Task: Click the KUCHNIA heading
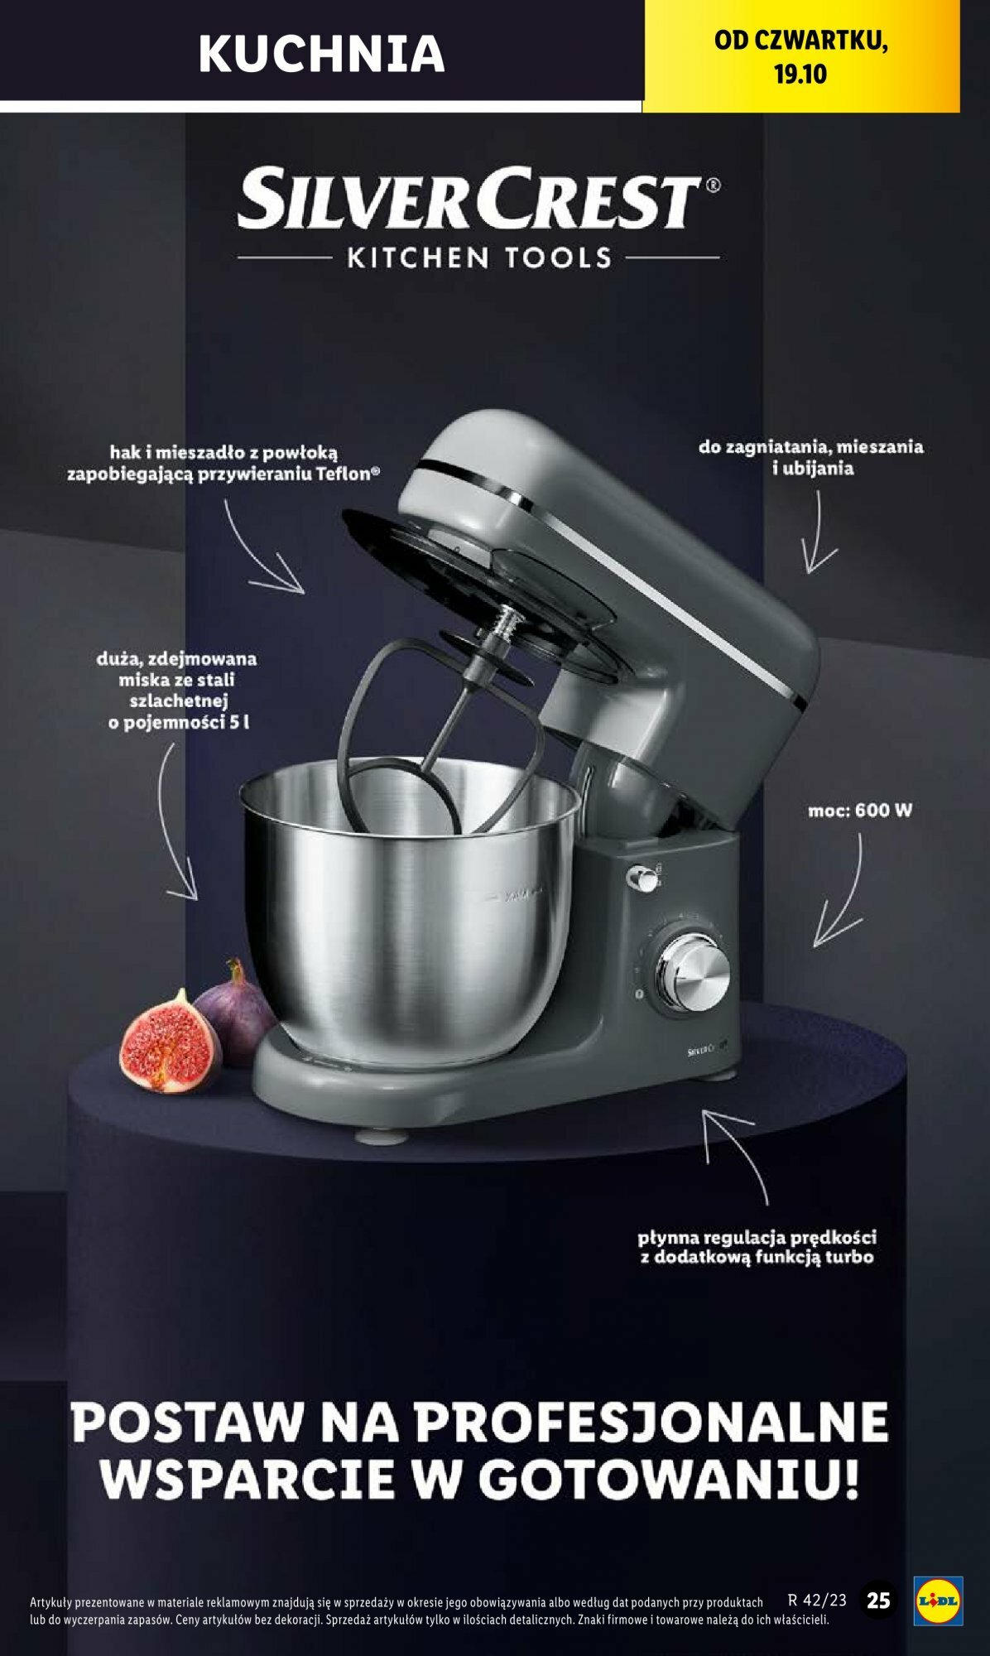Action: [322, 52]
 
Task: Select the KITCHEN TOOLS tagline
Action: [479, 258]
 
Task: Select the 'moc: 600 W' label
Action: [860, 811]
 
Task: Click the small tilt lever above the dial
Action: [641, 879]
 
